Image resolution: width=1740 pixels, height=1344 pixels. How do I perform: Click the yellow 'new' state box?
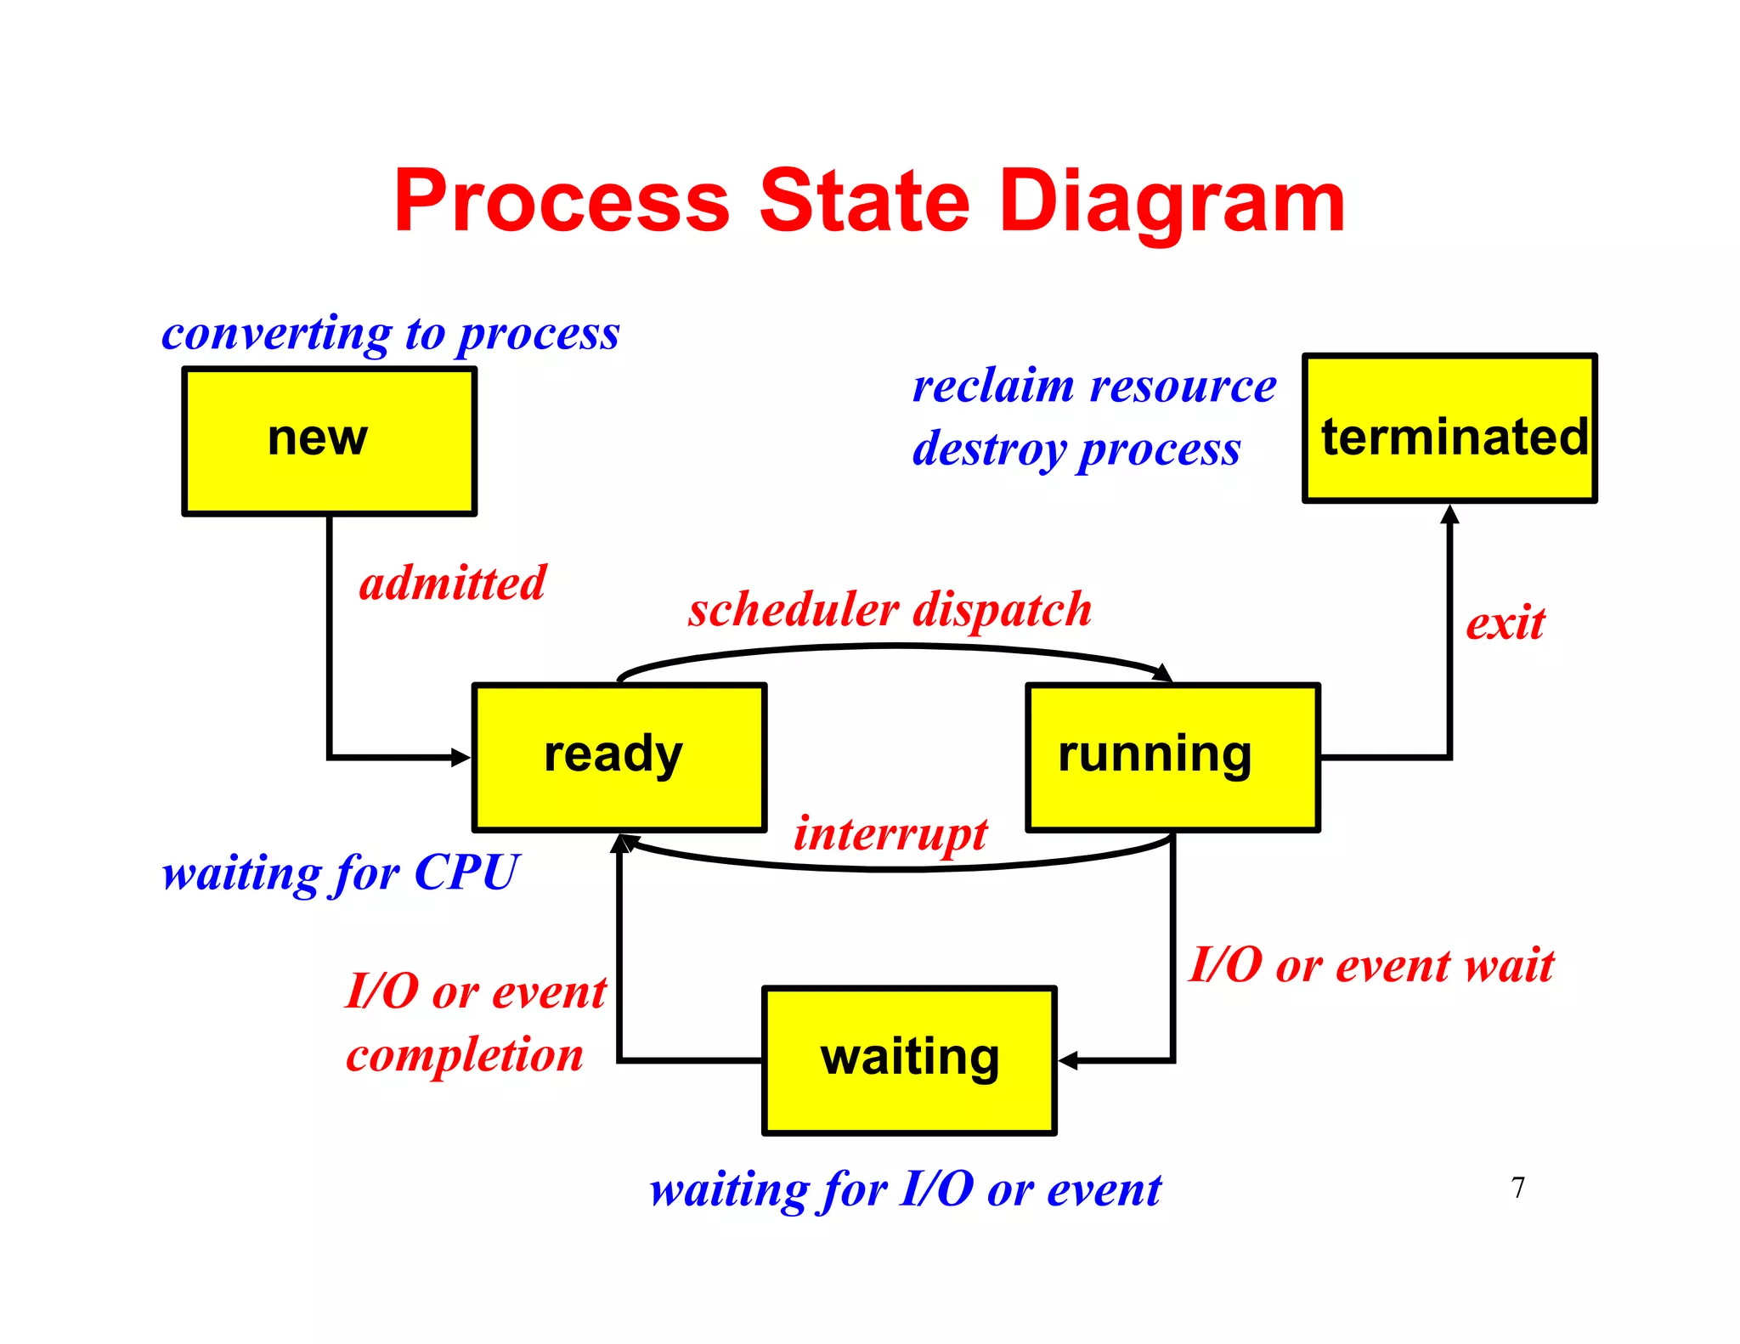(x=329, y=441)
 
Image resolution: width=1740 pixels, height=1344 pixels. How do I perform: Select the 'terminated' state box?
(x=1449, y=429)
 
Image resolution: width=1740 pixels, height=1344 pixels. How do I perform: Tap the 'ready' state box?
(x=619, y=757)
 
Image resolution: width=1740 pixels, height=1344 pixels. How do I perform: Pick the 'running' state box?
(x=1172, y=757)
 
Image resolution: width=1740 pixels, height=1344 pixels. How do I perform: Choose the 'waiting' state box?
(x=909, y=1060)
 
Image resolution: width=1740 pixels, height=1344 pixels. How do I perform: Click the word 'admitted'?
(x=452, y=584)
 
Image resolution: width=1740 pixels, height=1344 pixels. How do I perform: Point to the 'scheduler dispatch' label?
(x=890, y=610)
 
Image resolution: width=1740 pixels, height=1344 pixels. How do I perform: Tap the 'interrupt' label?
(x=890, y=833)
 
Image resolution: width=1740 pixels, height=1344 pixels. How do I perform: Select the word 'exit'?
(x=1505, y=624)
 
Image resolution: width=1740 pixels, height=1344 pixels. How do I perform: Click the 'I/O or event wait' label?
(x=1370, y=966)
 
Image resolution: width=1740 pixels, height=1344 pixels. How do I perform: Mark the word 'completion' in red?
(x=465, y=1055)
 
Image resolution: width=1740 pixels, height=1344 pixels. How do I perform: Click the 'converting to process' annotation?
(x=390, y=334)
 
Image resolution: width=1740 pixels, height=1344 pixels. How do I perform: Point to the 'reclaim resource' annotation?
(x=1094, y=387)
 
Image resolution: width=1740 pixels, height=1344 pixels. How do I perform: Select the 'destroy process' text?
(x=1076, y=449)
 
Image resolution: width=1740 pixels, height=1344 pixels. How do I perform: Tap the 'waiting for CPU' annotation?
(x=340, y=873)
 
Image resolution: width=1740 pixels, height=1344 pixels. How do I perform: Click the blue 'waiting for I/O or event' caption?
(x=905, y=1189)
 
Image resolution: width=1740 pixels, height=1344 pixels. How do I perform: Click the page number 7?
(x=1518, y=1187)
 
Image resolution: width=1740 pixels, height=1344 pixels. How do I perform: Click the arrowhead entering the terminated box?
(x=1449, y=515)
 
